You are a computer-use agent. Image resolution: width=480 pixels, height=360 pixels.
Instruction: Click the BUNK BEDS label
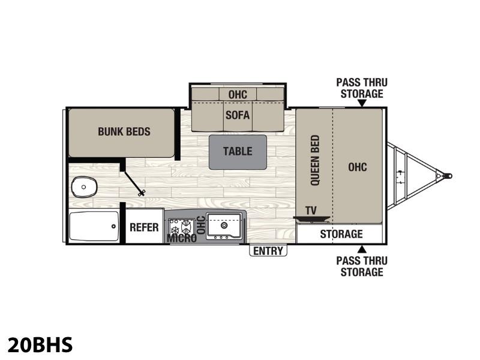pyautogui.click(x=124, y=131)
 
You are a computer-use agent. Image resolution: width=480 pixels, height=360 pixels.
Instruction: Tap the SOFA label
pyautogui.click(x=238, y=115)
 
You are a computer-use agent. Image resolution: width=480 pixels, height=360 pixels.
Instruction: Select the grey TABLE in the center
pyautogui.click(x=238, y=152)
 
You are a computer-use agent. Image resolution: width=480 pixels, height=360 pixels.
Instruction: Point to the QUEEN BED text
pyautogui.click(x=315, y=160)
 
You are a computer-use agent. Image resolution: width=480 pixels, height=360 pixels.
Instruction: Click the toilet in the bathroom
pyautogui.click(x=84, y=187)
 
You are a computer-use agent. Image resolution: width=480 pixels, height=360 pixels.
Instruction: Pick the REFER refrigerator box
pyautogui.click(x=145, y=226)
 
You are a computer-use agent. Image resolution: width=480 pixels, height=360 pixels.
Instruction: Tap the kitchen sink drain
pyautogui.click(x=224, y=226)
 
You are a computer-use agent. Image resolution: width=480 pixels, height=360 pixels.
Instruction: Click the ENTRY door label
pyautogui.click(x=268, y=251)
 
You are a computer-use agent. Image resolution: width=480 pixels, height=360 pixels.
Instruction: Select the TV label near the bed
pyautogui.click(x=311, y=211)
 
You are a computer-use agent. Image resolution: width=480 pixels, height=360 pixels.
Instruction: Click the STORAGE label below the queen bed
pyautogui.click(x=341, y=234)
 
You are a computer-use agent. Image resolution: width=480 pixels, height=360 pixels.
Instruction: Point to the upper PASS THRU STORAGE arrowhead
pyautogui.click(x=362, y=103)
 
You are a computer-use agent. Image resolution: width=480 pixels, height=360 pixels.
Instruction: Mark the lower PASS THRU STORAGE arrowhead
pyautogui.click(x=362, y=249)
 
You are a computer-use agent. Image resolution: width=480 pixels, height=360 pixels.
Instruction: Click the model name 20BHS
pyautogui.click(x=40, y=344)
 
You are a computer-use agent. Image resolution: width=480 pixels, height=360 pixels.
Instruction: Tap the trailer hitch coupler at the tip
pyautogui.click(x=447, y=176)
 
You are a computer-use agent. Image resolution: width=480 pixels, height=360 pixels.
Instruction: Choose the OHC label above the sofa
pyautogui.click(x=238, y=95)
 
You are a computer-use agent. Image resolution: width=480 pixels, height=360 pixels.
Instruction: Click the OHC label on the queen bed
pyautogui.click(x=357, y=167)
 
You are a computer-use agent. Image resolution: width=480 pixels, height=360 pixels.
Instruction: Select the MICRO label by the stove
pyautogui.click(x=182, y=238)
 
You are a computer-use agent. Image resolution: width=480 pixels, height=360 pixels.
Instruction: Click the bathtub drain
pyautogui.click(x=113, y=226)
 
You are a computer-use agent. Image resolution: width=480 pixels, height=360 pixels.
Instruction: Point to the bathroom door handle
pyautogui.click(x=142, y=193)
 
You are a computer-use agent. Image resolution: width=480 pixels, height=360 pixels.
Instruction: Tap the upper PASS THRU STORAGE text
pyautogui.click(x=362, y=88)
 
